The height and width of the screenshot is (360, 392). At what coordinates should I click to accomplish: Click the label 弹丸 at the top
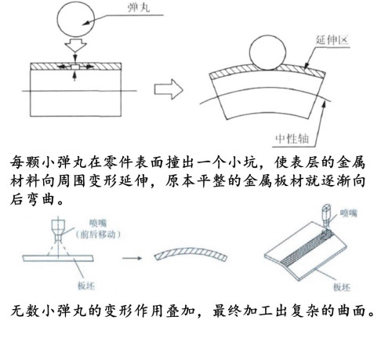click(x=139, y=7)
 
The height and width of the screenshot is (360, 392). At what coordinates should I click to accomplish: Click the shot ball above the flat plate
click(x=76, y=18)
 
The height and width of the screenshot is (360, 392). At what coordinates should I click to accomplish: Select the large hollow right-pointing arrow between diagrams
click(x=169, y=89)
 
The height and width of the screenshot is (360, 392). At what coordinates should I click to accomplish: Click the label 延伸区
click(x=332, y=40)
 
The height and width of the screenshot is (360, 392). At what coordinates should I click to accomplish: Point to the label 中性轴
click(x=292, y=139)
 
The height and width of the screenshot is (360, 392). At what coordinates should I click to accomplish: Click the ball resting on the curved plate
click(x=267, y=53)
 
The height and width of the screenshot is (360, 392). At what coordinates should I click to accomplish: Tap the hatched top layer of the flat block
click(x=75, y=67)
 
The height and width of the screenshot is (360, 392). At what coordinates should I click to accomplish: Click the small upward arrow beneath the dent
click(x=75, y=75)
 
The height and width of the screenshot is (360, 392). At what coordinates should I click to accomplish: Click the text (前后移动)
click(x=98, y=235)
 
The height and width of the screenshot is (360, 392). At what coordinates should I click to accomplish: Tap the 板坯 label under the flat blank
click(x=86, y=285)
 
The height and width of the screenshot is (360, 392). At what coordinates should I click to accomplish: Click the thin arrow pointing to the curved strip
click(x=132, y=258)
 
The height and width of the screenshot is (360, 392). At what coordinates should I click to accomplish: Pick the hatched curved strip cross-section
click(x=191, y=253)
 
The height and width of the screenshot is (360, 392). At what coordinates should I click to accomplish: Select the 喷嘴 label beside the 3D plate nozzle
click(x=349, y=213)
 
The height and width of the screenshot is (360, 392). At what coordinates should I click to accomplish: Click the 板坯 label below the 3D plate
click(x=342, y=287)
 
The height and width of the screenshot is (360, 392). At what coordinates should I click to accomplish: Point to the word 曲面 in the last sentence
click(x=350, y=311)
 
